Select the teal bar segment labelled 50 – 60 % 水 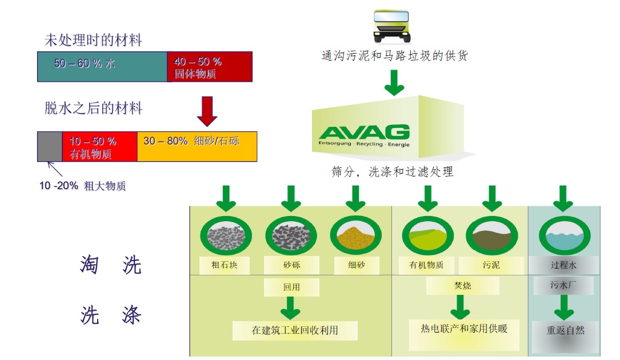(x=103, y=66)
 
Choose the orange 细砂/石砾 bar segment (x=197, y=146)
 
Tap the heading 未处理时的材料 (x=93, y=41)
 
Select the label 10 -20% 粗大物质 (x=82, y=186)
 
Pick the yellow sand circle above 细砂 (x=356, y=235)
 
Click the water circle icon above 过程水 (x=563, y=235)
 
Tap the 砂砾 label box (x=291, y=265)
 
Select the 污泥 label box (x=491, y=265)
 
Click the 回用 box (x=291, y=287)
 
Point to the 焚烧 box (x=463, y=285)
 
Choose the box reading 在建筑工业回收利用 (x=295, y=331)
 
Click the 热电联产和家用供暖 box (x=464, y=329)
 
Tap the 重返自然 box (x=565, y=331)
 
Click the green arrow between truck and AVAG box (x=394, y=83)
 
